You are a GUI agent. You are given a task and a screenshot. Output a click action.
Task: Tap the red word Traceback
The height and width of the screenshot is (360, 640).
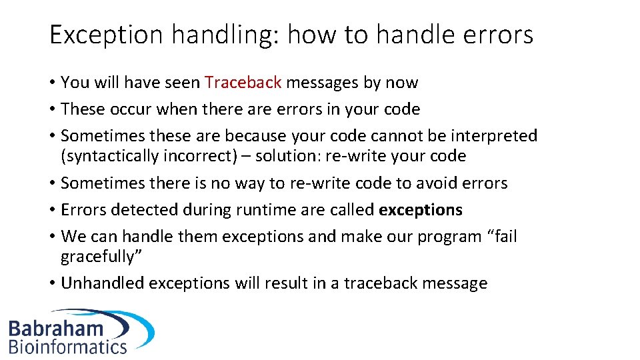(243, 83)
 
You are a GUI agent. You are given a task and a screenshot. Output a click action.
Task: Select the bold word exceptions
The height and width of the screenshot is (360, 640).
(420, 210)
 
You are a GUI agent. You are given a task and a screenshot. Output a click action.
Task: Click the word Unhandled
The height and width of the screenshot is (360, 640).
(102, 283)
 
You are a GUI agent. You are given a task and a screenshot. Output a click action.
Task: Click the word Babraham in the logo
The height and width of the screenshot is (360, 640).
(56, 329)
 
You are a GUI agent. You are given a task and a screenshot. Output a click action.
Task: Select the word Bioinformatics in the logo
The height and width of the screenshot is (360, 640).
(67, 346)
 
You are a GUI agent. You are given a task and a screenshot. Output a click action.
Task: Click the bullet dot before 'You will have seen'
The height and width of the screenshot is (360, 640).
(52, 83)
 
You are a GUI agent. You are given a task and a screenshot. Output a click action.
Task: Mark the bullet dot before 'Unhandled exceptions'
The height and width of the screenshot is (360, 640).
(52, 284)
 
